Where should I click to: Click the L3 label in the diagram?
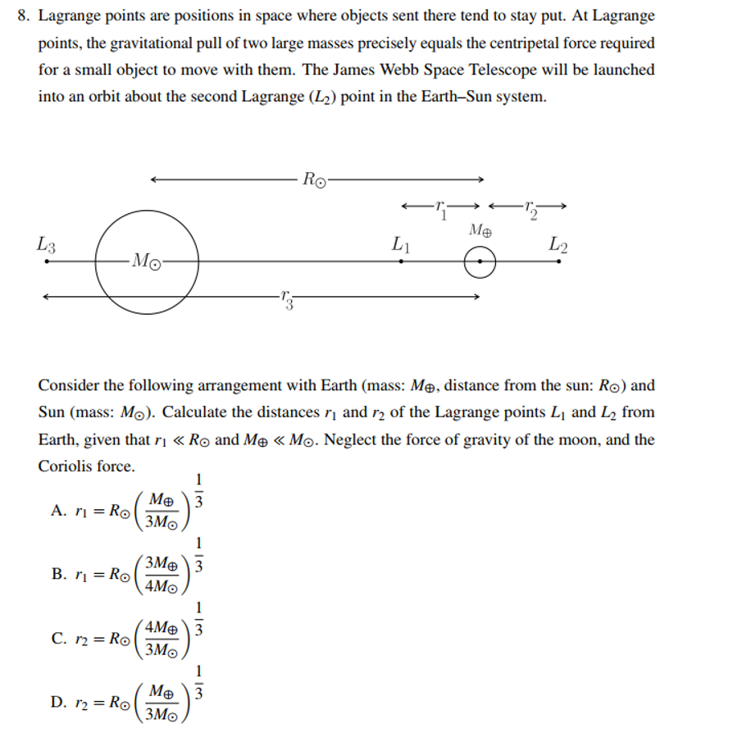pyautogui.click(x=47, y=244)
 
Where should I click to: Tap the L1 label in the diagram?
pyautogui.click(x=401, y=244)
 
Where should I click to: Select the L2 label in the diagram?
pyautogui.click(x=558, y=244)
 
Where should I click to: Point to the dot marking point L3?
pyautogui.click(x=47, y=262)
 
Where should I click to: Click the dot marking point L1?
pyautogui.click(x=401, y=262)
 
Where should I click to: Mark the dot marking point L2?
pyautogui.click(x=558, y=262)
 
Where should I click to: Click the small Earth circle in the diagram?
pyautogui.click(x=480, y=263)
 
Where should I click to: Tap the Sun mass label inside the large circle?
pyautogui.click(x=147, y=262)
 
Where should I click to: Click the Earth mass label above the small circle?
pyautogui.click(x=480, y=231)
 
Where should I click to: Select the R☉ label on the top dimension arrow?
pyautogui.click(x=315, y=179)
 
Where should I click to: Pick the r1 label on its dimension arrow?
pyautogui.click(x=441, y=207)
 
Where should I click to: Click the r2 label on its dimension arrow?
pyautogui.click(x=530, y=207)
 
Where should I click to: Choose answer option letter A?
pyautogui.click(x=58, y=510)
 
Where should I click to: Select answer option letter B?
pyautogui.click(x=58, y=574)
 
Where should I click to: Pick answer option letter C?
pyautogui.click(x=58, y=639)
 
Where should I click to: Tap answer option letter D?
pyautogui.click(x=58, y=703)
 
